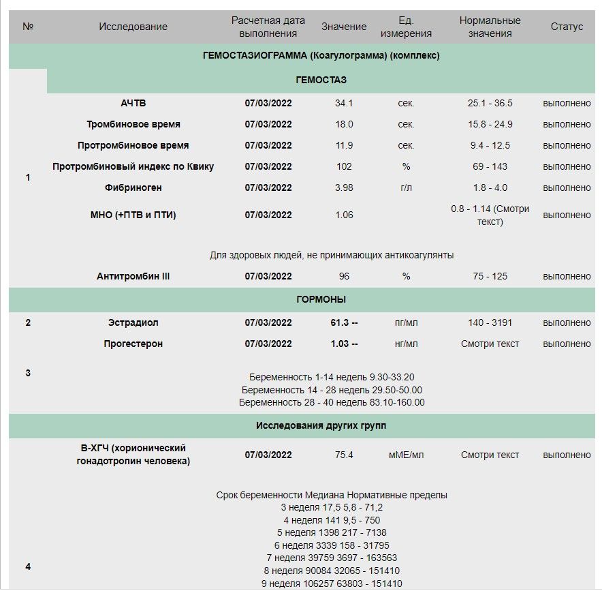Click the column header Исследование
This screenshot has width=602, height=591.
[133, 27]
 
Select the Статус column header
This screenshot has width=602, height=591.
[567, 27]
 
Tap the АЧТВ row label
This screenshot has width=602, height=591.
[133, 104]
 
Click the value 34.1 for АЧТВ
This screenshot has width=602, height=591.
[344, 104]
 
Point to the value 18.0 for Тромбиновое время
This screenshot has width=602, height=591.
[344, 125]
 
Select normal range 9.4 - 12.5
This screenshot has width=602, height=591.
[490, 146]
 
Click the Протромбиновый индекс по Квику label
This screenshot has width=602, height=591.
[133, 167]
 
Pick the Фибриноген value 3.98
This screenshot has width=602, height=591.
[344, 188]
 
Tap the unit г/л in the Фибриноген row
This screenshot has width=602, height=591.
[406, 188]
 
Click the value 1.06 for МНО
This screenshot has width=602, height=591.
[344, 215]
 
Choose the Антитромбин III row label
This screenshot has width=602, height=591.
[133, 277]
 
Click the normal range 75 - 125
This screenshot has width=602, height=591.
[490, 277]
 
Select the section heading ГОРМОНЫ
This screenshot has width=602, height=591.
[321, 300]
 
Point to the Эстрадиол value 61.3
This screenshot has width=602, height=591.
[340, 323]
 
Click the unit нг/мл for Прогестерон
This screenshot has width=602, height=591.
[406, 344]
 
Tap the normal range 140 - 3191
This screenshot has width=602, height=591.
[490, 323]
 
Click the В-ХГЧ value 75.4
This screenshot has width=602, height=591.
[344, 455]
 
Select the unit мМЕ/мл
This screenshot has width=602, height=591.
[406, 455]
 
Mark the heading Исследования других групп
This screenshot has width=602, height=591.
[321, 426]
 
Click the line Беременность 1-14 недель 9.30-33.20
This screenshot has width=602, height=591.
[332, 378]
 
